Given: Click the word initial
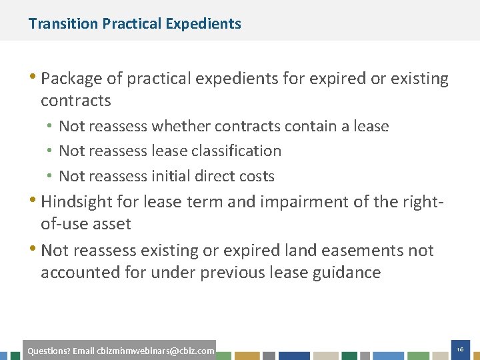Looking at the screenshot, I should (169, 176).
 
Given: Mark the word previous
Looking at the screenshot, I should (231, 273).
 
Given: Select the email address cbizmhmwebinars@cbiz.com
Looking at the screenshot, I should (155, 351).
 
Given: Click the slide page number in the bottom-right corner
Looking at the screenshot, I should (460, 349).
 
